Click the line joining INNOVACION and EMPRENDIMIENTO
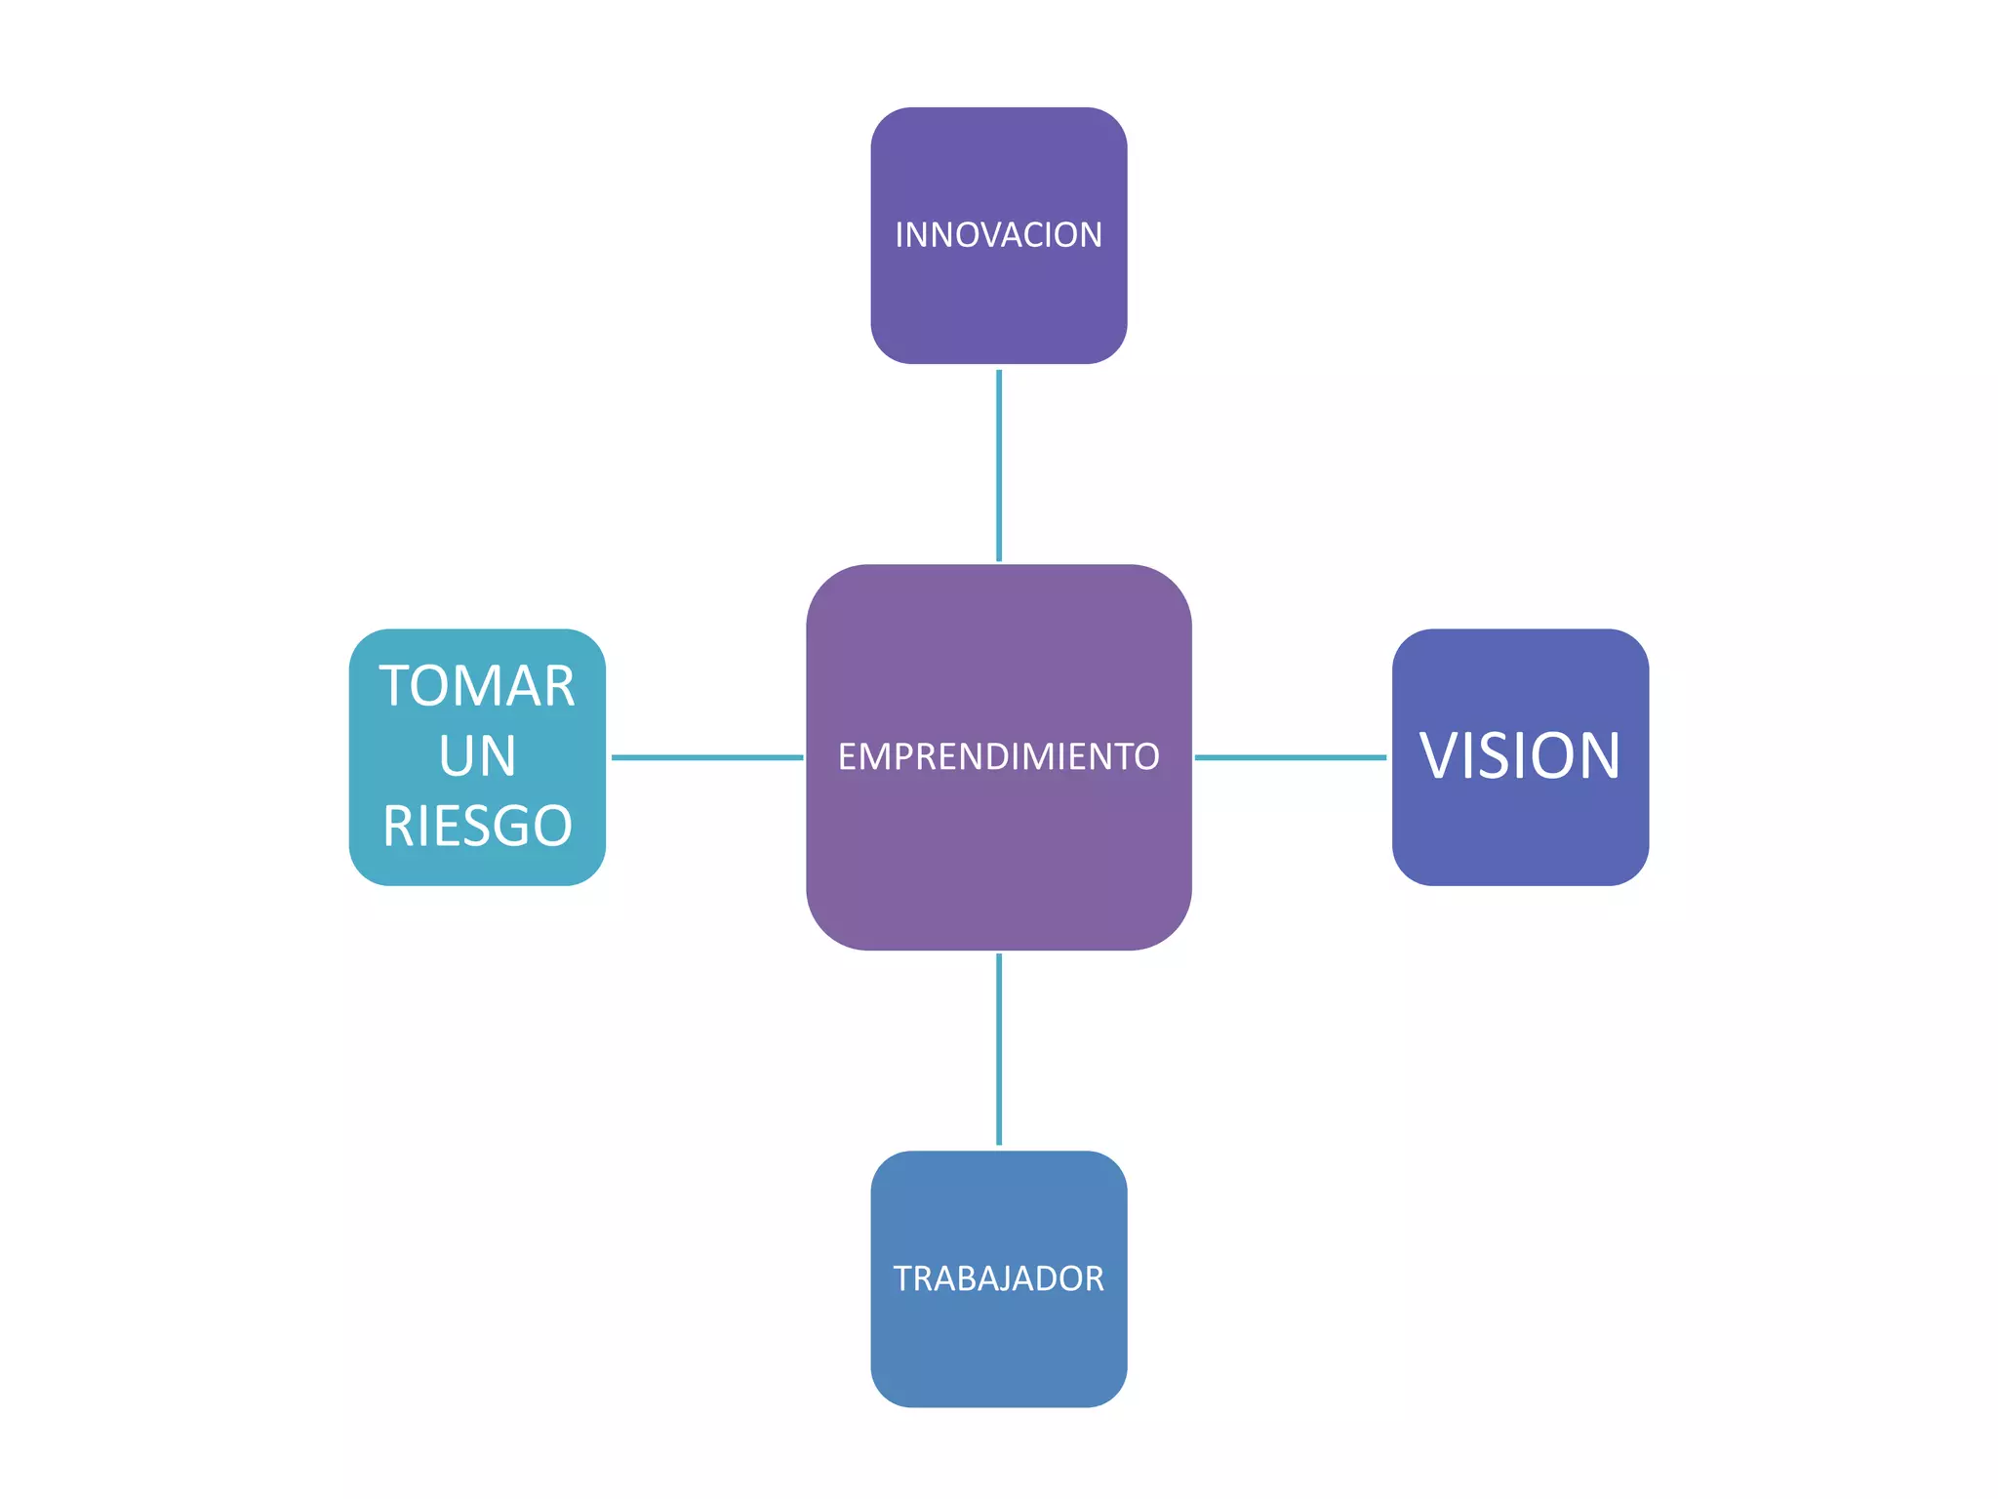(x=999, y=466)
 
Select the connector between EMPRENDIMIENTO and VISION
(x=1290, y=757)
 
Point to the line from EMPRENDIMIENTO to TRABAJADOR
(x=999, y=1049)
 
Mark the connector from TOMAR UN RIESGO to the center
(x=706, y=757)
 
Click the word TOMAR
(x=477, y=686)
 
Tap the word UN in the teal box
(x=477, y=756)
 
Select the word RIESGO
(x=477, y=827)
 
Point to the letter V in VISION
(x=1441, y=756)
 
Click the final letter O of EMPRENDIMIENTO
(x=1145, y=756)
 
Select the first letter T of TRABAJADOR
(x=904, y=1278)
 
